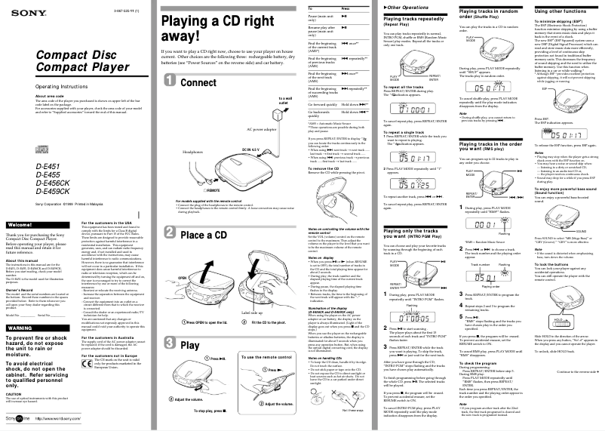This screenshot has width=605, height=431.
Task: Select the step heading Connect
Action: [x=198, y=82]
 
